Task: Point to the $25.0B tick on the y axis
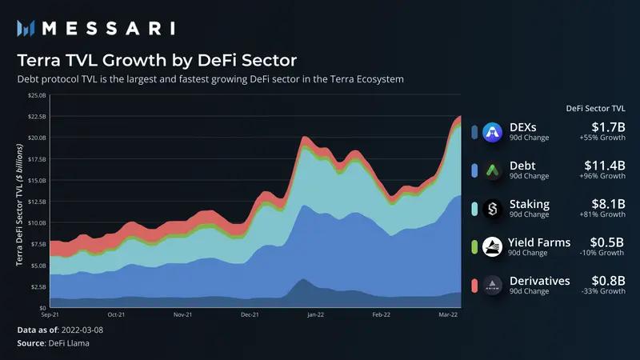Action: [38, 95]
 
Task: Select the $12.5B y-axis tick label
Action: [38, 202]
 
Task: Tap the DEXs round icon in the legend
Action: [494, 131]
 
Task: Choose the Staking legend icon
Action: [494, 208]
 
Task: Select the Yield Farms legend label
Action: [540, 242]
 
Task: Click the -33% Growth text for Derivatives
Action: [601, 292]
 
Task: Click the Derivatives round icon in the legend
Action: [494, 285]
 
